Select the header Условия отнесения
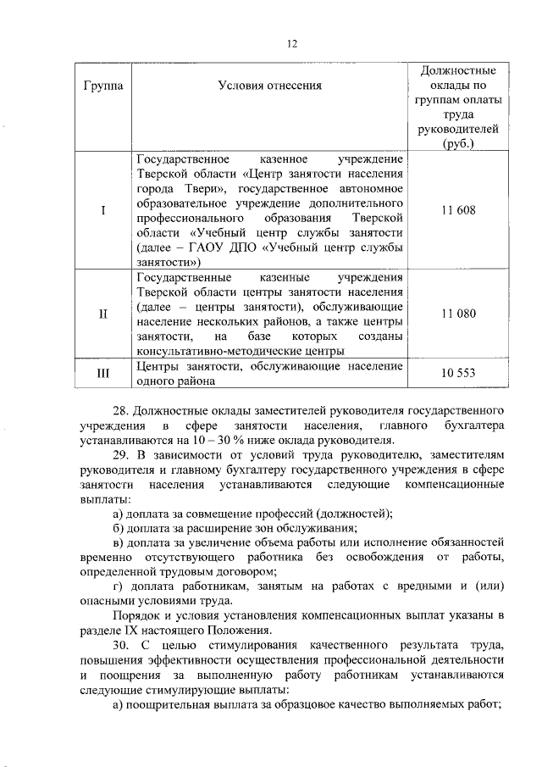click(270, 86)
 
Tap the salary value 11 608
click(458, 210)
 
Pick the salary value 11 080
click(458, 314)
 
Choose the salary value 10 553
click(458, 374)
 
